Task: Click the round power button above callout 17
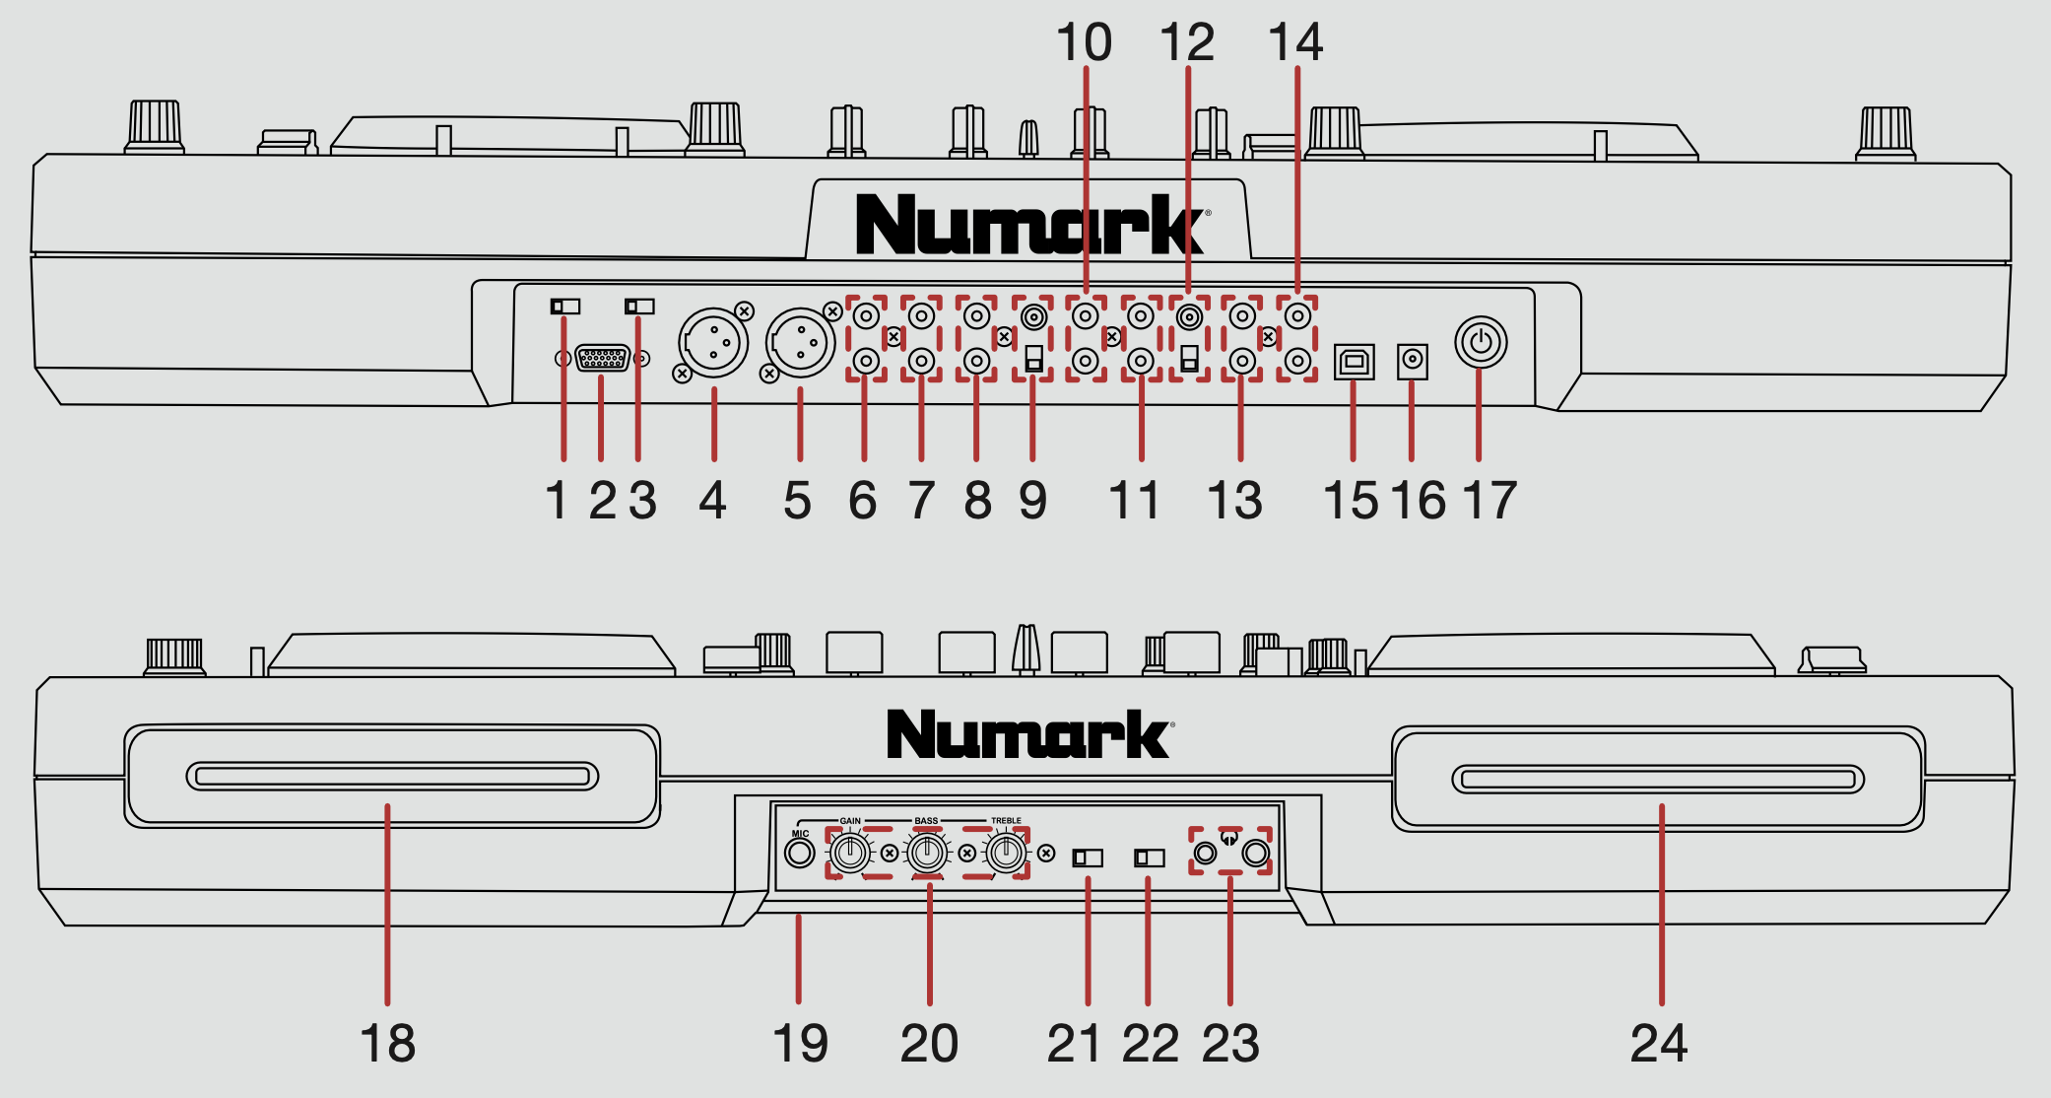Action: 1480,343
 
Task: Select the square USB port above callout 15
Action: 1354,362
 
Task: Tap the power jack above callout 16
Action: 1413,361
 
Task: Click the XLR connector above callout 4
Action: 713,343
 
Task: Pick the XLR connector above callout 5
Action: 800,343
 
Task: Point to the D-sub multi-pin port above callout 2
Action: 602,359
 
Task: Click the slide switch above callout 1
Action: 565,307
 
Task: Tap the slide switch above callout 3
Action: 639,307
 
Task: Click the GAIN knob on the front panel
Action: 849,853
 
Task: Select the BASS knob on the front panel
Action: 927,853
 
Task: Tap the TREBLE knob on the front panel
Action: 1006,853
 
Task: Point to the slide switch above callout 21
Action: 1088,858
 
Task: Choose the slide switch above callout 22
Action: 1150,858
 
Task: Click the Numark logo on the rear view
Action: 1030,225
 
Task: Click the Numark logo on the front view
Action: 1028,734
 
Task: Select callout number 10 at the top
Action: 1084,42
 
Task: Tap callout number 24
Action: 1659,1043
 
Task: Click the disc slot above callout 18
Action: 392,777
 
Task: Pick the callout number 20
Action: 929,1043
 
